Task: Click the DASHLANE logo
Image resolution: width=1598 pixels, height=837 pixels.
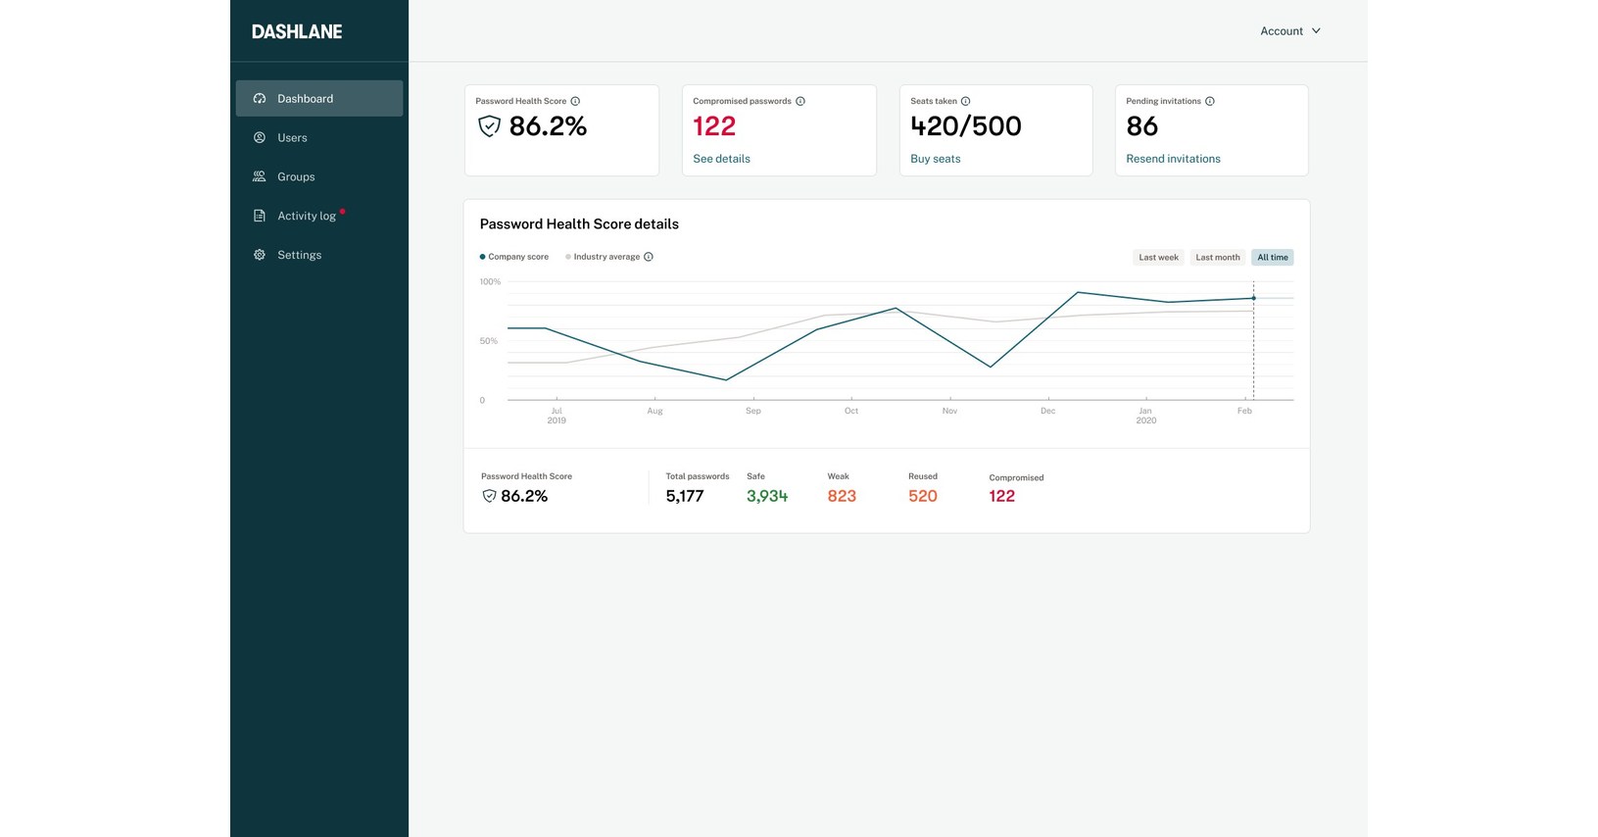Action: pyautogui.click(x=297, y=31)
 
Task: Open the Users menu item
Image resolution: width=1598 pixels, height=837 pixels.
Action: pyautogui.click(x=292, y=138)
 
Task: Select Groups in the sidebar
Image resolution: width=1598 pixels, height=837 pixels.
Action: pyautogui.click(x=295, y=177)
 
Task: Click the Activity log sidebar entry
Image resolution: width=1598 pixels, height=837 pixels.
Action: pyautogui.click(x=306, y=217)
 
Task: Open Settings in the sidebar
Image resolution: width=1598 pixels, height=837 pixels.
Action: pyautogui.click(x=299, y=255)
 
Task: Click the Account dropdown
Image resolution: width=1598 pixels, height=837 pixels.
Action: pyautogui.click(x=1289, y=31)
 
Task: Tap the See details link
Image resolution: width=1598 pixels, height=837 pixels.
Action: pyautogui.click(x=721, y=159)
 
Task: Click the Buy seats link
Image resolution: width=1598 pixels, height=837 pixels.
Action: pyautogui.click(x=935, y=159)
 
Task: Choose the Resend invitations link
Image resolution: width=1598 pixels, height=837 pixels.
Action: pyautogui.click(x=1173, y=159)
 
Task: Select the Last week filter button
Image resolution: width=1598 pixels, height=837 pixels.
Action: pyautogui.click(x=1158, y=258)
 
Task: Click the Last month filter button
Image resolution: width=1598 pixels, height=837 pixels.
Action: pyautogui.click(x=1217, y=258)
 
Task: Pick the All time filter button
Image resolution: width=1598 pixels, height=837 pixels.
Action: pyautogui.click(x=1272, y=258)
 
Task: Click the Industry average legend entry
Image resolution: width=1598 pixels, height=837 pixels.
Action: pyautogui.click(x=605, y=257)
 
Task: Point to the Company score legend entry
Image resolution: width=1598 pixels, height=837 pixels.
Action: pyautogui.click(x=517, y=257)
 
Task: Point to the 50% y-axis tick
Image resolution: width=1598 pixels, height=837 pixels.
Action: pyautogui.click(x=488, y=341)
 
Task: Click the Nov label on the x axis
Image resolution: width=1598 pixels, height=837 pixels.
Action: pyautogui.click(x=949, y=411)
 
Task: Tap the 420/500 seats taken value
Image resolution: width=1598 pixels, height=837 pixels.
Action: pyautogui.click(x=965, y=126)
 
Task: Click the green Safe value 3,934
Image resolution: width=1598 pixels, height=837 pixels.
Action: pyautogui.click(x=766, y=496)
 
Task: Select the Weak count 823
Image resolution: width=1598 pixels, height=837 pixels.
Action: pyautogui.click(x=841, y=496)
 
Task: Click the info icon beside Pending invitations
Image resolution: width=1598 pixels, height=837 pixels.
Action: pyautogui.click(x=1210, y=101)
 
